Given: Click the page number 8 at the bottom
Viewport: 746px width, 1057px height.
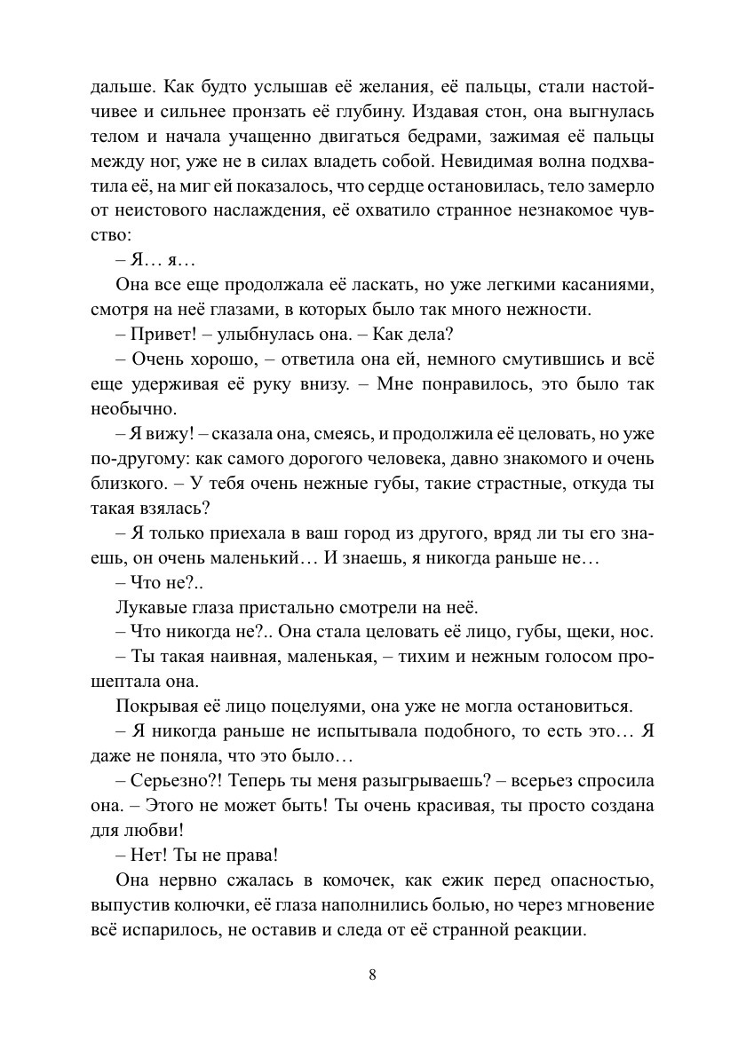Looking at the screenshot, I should pyautogui.click(x=373, y=974).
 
